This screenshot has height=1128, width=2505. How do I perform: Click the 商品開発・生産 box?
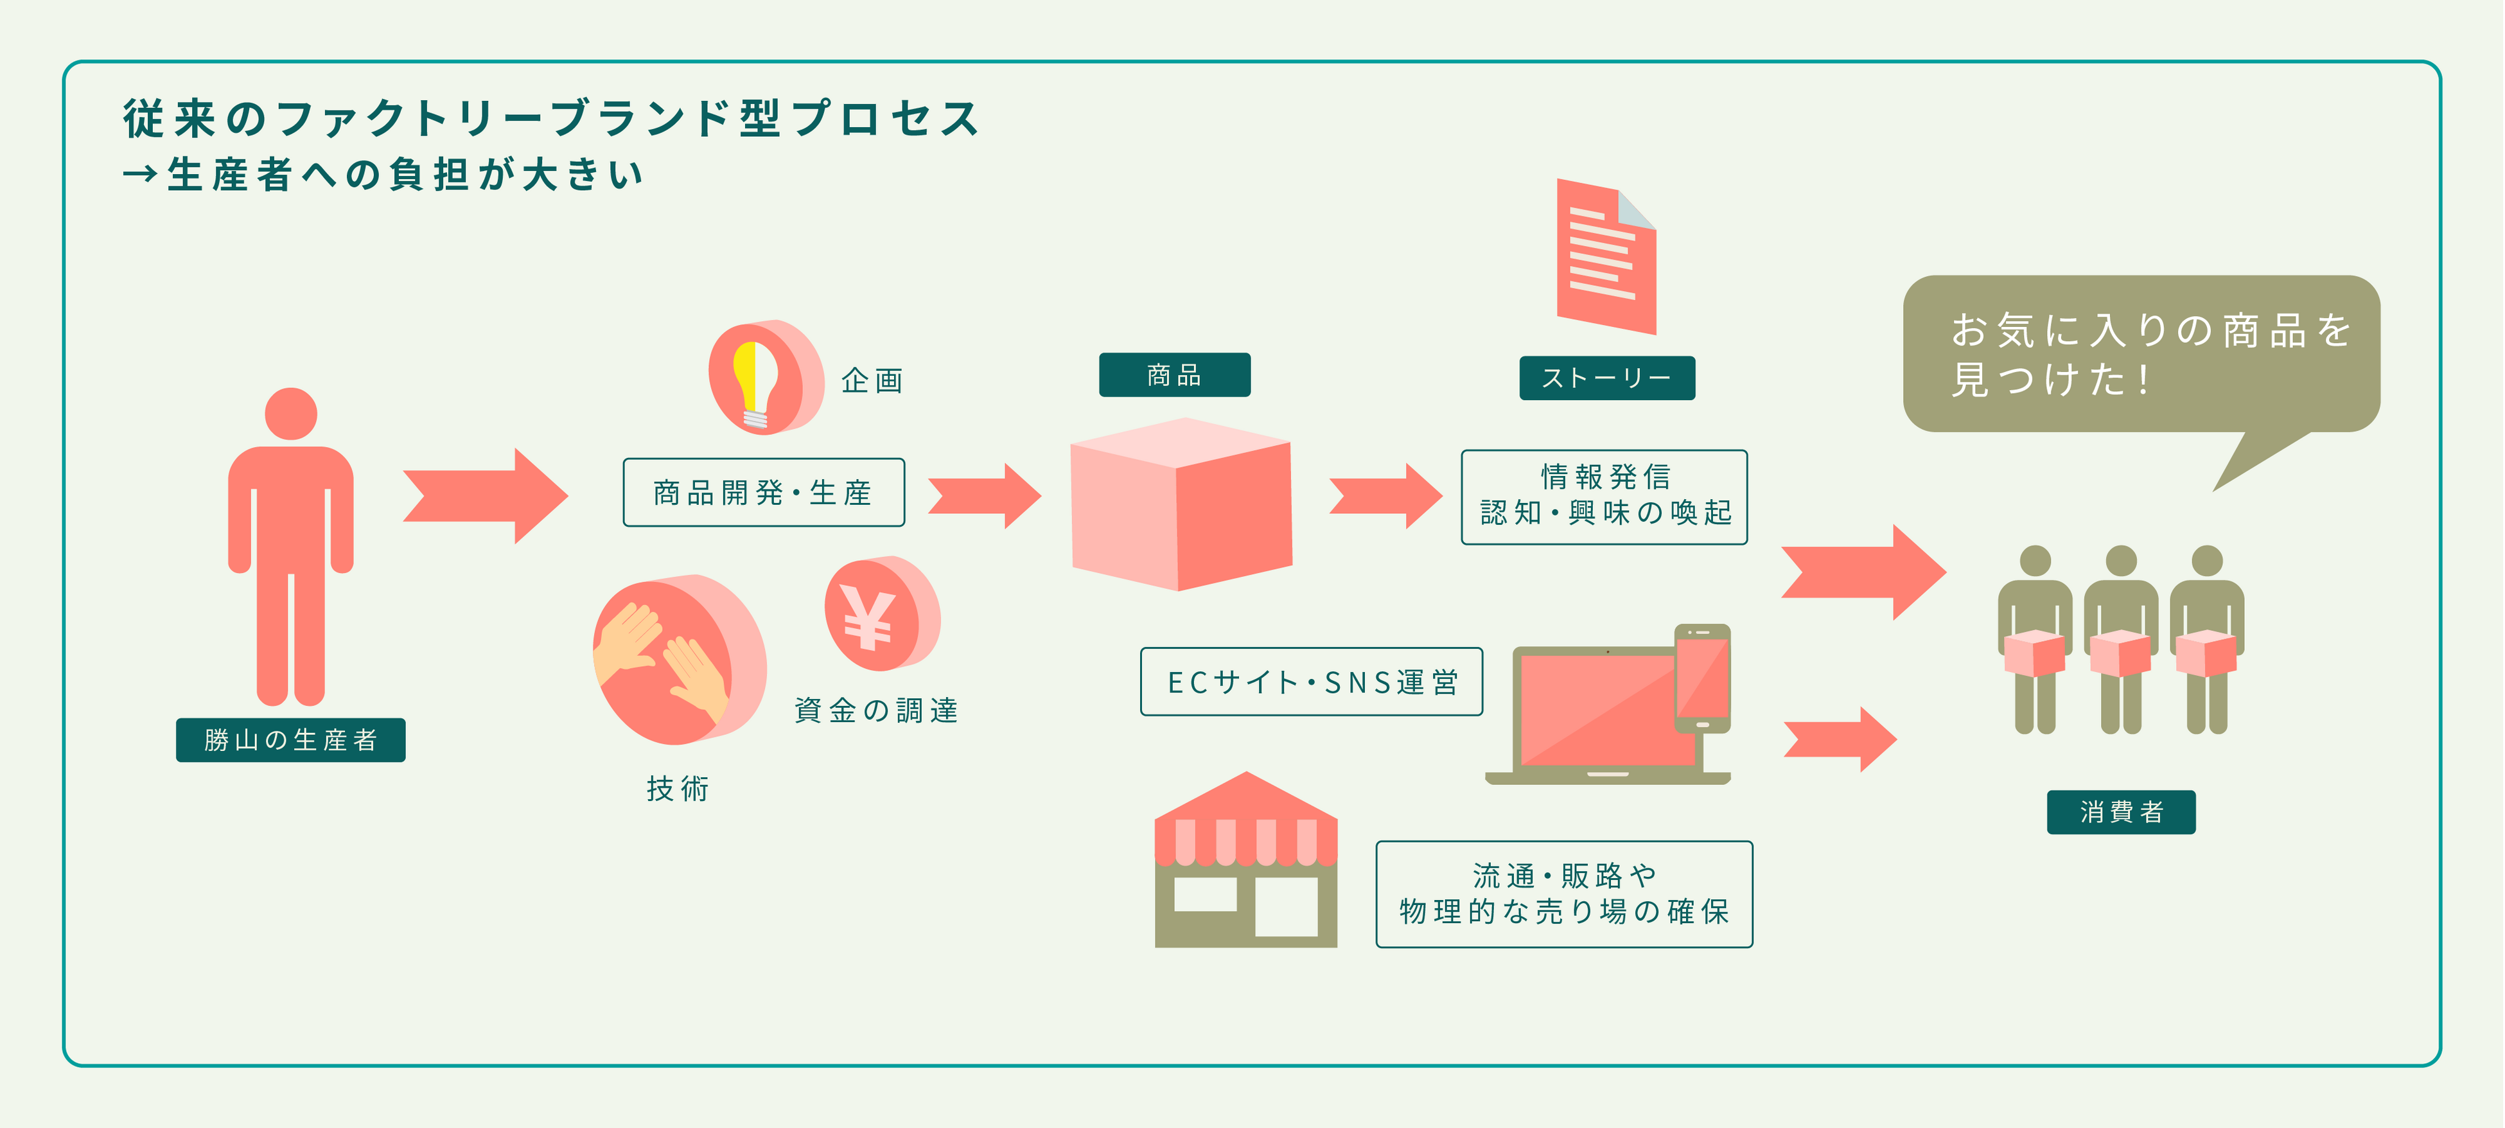763,493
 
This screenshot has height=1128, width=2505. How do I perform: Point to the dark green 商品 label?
1173,375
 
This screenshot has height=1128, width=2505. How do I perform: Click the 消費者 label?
2121,812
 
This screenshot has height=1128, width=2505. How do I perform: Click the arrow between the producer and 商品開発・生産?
484,496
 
